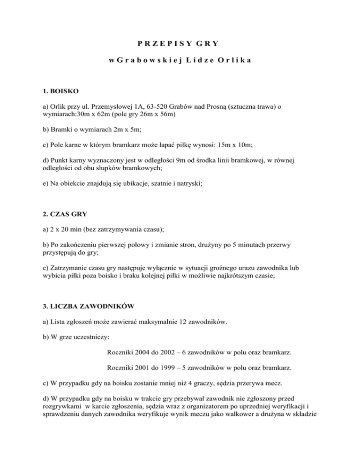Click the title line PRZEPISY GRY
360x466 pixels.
(180, 44)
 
